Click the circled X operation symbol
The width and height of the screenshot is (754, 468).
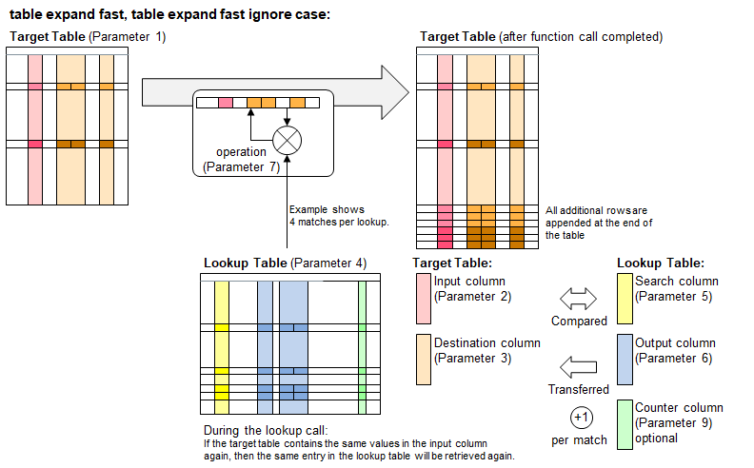pyautogui.click(x=287, y=141)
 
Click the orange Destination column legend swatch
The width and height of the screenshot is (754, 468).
pyautogui.click(x=423, y=353)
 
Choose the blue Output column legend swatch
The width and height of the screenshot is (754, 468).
pyautogui.click(x=624, y=353)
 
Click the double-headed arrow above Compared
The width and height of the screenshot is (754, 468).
pyautogui.click(x=578, y=300)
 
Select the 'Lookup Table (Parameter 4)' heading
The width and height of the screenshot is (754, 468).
pyautogui.click(x=285, y=263)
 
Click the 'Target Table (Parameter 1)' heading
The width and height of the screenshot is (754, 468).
pyautogui.click(x=87, y=36)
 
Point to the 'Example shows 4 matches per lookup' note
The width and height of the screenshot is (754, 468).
pyautogui.click(x=327, y=216)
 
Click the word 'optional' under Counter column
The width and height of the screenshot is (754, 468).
pyautogui.click(x=656, y=438)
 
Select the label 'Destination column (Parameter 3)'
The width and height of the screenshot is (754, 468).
pyautogui.click(x=486, y=350)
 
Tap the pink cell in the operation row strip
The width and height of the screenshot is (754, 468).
pyautogui.click(x=226, y=103)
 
